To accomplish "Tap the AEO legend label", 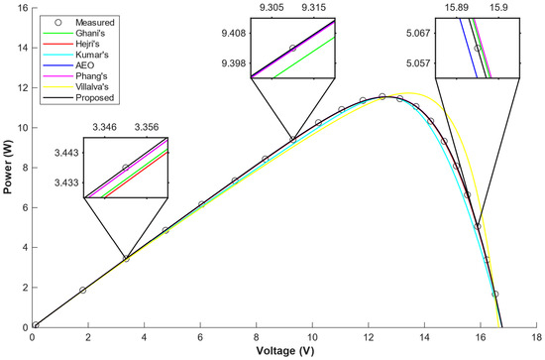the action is (85, 65).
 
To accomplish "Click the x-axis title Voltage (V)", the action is (285, 351).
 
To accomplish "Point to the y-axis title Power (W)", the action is (7, 167).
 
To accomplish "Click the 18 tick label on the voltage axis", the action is (537, 337).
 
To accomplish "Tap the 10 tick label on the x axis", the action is (312, 337).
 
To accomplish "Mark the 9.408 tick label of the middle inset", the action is (234, 34).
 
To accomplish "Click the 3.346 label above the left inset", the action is (105, 127).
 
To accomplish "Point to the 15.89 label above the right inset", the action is (457, 7).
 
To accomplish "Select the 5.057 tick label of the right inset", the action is (418, 63).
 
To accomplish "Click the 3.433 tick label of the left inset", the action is (66, 182).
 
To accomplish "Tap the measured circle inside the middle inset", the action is (292, 48).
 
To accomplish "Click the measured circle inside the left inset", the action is (126, 168).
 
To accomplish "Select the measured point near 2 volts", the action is (82, 291).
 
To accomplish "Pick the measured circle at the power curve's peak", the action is (382, 96).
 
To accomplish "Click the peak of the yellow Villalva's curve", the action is (408, 93).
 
